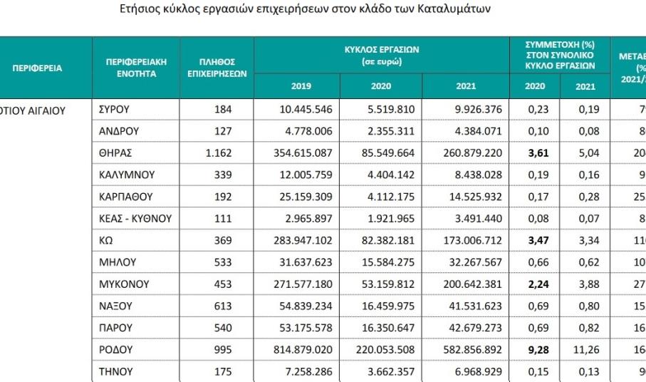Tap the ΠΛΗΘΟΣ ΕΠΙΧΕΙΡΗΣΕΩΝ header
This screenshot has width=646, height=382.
[217, 68]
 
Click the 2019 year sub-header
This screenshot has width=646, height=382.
[301, 87]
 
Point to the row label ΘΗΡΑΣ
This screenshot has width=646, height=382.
[117, 153]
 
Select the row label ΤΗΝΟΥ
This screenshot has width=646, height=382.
[115, 371]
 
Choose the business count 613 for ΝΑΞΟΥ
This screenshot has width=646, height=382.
[222, 306]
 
